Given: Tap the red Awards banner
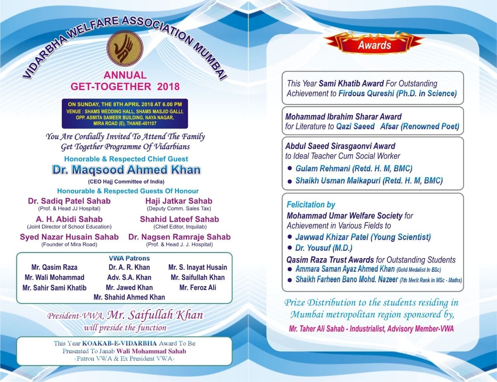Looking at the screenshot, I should click(x=374, y=44).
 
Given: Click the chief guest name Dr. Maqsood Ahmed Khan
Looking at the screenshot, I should click(x=127, y=170).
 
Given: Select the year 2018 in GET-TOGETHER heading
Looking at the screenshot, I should click(x=169, y=86).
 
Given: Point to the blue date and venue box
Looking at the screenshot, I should click(x=125, y=114).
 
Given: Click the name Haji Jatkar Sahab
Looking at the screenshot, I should click(x=179, y=201).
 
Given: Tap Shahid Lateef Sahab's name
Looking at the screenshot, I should click(x=179, y=219).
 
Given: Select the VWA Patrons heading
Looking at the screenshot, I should click(x=129, y=258).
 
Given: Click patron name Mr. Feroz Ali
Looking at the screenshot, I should click(x=198, y=288).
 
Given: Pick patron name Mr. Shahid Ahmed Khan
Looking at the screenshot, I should click(x=129, y=297).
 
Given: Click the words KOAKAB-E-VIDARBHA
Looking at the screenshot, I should click(x=120, y=344).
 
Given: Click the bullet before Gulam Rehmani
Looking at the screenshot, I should click(x=289, y=168).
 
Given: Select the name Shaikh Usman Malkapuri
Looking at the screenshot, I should click(x=338, y=181).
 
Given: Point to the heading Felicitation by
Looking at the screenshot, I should click(x=311, y=205).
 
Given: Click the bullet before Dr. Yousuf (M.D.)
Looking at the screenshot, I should click(x=289, y=248).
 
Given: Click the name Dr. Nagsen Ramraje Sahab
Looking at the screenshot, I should click(x=179, y=237).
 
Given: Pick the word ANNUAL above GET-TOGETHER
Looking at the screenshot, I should click(x=125, y=75).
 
